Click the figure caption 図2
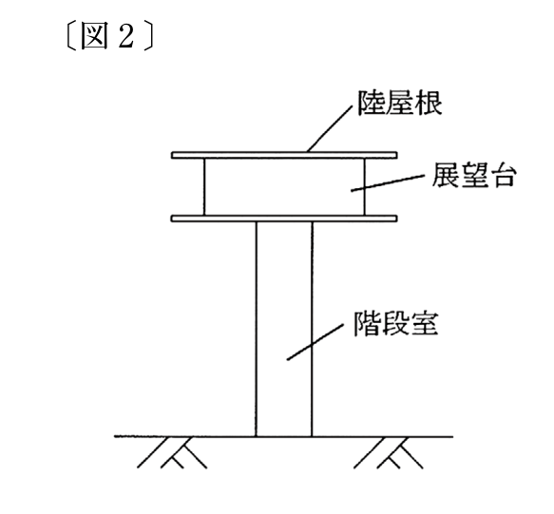110,36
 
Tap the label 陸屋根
400,104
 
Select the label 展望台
473,175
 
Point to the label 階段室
396,323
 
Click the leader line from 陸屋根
330,128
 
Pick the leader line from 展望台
388,183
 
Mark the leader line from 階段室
315,342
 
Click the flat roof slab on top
284,155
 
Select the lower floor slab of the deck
284,219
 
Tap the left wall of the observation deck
204,186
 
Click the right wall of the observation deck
364,186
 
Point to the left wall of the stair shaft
257,329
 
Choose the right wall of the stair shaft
312,329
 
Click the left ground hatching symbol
172,453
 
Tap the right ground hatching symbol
389,453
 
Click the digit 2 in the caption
126,36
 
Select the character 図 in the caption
94,36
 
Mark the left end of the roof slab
172,155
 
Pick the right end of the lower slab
397,219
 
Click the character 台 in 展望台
503,175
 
